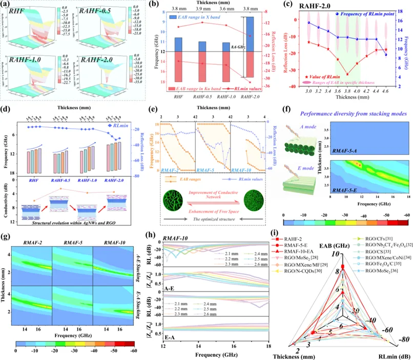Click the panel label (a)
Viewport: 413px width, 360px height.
click(x=7, y=6)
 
